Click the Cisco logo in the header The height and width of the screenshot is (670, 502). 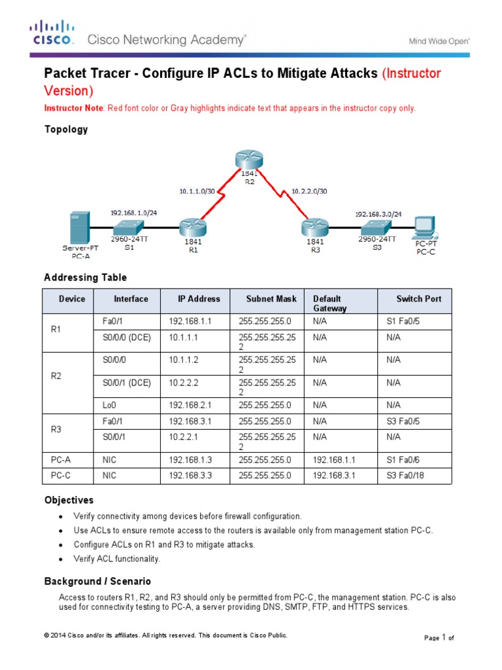tap(52, 33)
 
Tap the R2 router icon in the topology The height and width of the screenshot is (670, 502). tap(248, 160)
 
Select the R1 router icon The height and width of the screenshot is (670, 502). tap(193, 227)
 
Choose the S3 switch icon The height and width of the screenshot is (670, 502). tap(375, 226)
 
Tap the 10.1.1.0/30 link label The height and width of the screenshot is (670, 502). tap(197, 191)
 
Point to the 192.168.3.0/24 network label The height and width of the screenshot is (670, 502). tap(378, 213)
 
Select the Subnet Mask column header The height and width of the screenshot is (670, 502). tap(271, 299)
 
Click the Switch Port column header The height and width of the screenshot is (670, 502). tap(418, 299)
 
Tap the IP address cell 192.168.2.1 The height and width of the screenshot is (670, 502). tap(191, 406)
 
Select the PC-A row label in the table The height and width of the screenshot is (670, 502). tap(61, 461)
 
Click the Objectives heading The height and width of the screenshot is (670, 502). tap(69, 500)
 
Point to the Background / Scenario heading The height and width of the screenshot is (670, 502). tap(97, 581)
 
